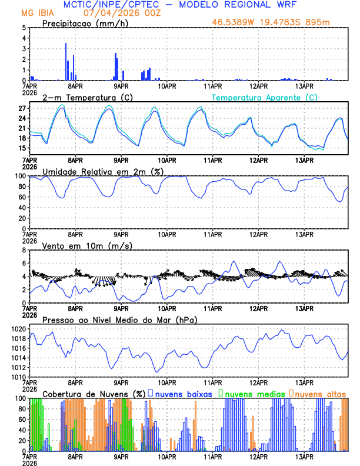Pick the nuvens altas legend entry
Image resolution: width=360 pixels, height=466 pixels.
319,393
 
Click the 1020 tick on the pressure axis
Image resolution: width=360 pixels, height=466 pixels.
18,329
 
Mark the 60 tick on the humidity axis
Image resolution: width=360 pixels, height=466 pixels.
22,197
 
